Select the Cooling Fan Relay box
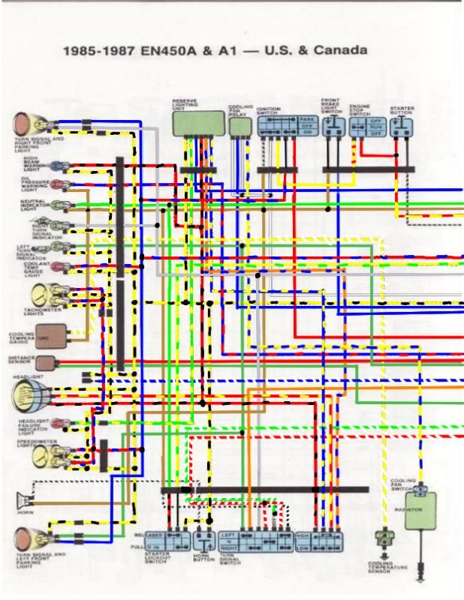click(x=240, y=126)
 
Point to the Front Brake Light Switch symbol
click(x=333, y=125)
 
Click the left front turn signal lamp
click(x=29, y=537)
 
